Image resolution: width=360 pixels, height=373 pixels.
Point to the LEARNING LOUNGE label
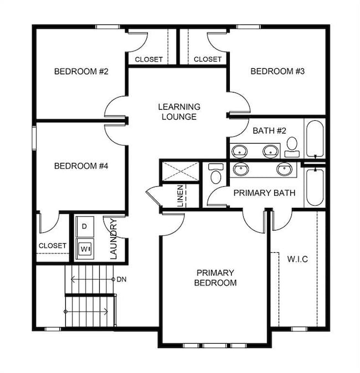point(179,111)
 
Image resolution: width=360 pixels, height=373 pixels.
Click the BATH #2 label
point(269,131)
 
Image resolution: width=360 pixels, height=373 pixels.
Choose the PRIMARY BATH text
point(264,193)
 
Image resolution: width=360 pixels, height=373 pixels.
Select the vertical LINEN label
point(181,196)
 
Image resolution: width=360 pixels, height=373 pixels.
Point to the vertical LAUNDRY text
point(113,239)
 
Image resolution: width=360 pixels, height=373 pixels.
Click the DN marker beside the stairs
point(122,279)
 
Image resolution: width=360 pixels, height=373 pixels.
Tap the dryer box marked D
point(84,226)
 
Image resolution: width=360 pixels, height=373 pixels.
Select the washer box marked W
point(85,248)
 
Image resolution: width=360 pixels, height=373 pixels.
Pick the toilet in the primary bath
point(216,173)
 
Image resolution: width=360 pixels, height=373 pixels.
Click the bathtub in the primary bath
point(314,187)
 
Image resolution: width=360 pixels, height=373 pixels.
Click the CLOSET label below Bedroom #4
point(53,246)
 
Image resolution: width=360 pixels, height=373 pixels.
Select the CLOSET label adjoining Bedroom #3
point(208,59)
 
